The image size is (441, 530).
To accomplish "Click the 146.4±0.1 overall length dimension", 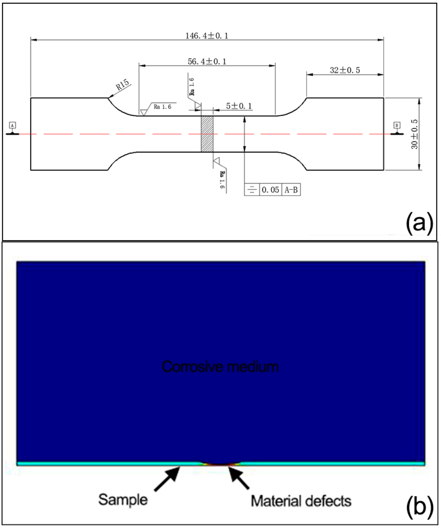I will tap(207, 36).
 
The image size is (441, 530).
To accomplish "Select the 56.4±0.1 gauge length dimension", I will tap(207, 61).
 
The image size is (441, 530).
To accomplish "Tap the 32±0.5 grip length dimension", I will tap(345, 70).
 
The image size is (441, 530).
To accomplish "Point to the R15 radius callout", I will tap(123, 85).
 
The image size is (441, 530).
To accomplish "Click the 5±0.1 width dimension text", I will tap(239, 106).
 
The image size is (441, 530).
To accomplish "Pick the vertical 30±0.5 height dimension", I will tap(414, 134).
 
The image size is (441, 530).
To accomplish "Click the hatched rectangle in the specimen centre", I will tap(207, 134).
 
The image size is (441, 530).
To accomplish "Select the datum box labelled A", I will tap(13, 125).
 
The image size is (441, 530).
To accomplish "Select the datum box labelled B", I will tap(397, 125).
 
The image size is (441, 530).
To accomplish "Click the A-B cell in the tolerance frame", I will tap(291, 190).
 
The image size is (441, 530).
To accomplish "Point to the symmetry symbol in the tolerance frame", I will tap(252, 190).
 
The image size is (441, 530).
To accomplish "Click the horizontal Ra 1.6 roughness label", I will tap(162, 107).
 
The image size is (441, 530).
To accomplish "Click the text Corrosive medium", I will tap(220, 367).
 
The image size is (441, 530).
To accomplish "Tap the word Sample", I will tap(123, 500).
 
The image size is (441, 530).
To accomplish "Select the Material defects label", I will tap(301, 501).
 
